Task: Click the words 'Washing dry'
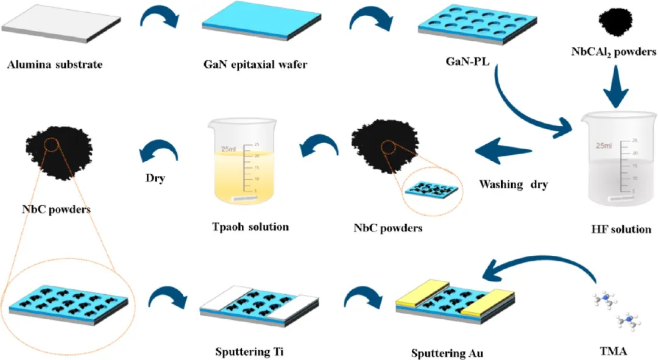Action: pyautogui.click(x=513, y=183)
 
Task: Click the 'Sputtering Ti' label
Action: pyautogui.click(x=249, y=351)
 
